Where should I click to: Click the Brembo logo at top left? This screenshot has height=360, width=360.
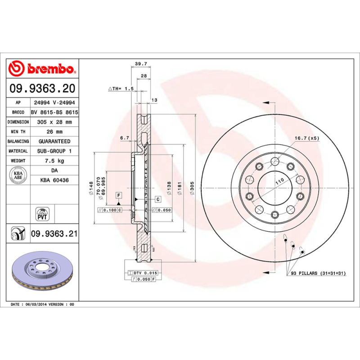pyautogui.click(x=41, y=69)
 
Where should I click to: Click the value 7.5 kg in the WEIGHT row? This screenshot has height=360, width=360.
pyautogui.click(x=54, y=161)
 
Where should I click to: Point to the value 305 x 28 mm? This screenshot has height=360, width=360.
pyautogui.click(x=54, y=122)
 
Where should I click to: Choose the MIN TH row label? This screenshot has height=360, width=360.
pyautogui.click(x=18, y=132)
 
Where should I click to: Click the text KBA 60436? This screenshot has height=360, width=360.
pyautogui.click(x=54, y=180)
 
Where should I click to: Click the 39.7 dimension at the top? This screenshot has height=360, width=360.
pyautogui.click(x=141, y=64)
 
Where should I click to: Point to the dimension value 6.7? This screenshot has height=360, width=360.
pyautogui.click(x=125, y=138)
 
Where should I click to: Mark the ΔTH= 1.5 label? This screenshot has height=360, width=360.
pyautogui.click(x=121, y=89)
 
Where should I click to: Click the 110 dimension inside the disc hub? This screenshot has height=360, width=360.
pyautogui.click(x=279, y=181)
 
